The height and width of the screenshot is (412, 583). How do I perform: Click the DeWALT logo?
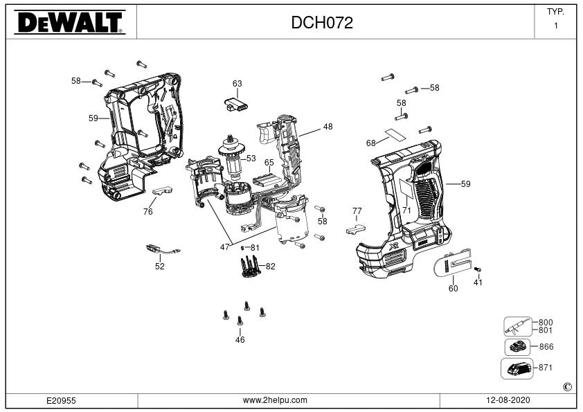(x=69, y=22)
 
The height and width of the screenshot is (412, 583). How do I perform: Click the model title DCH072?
(x=321, y=23)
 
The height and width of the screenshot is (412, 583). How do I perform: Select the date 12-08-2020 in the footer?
(x=508, y=400)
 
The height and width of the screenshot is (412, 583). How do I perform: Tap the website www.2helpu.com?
(x=275, y=400)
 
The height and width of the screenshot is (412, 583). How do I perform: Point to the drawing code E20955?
(x=61, y=400)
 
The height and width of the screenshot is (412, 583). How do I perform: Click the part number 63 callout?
(x=237, y=84)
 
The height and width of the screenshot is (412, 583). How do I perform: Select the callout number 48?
(x=328, y=127)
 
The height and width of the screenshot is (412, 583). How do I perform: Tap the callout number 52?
(x=159, y=266)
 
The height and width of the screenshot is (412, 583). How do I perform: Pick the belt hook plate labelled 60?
(x=454, y=264)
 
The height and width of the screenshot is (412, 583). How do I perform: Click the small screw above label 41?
(x=478, y=269)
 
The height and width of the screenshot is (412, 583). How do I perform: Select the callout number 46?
(x=240, y=339)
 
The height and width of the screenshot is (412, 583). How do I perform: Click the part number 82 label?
(x=270, y=266)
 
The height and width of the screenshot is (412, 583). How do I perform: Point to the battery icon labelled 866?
(x=517, y=348)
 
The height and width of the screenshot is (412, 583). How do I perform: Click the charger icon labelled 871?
(x=517, y=368)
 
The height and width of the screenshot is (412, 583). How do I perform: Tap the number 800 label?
(x=546, y=323)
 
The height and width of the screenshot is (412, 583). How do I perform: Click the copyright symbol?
(x=567, y=387)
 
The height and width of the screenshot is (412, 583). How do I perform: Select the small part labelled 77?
(x=356, y=229)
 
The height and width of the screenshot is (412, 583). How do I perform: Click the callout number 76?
(x=147, y=212)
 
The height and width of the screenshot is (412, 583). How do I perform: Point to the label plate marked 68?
(x=395, y=134)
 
